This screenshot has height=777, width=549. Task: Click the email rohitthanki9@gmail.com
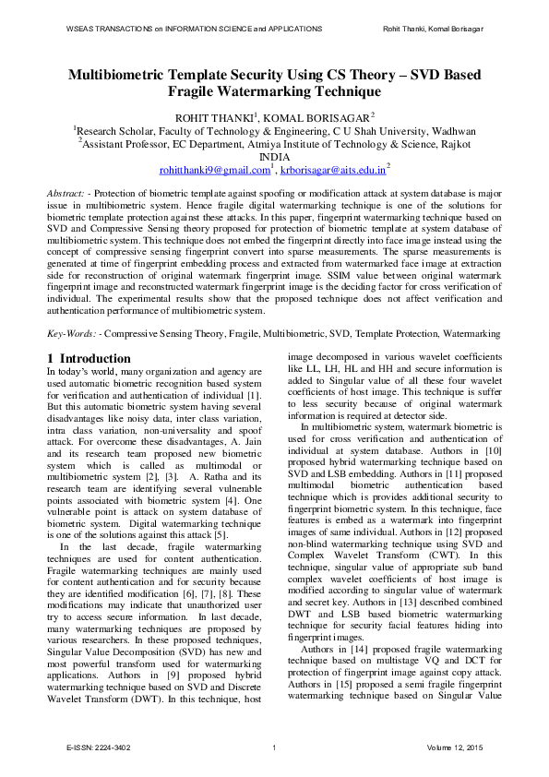(214, 171)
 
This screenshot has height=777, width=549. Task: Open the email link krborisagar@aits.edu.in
(332, 171)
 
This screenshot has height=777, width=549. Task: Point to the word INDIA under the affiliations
(274, 157)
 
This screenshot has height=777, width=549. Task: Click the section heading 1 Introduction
(89, 358)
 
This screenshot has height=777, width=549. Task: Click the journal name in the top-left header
(194, 29)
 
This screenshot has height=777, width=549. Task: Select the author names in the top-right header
(433, 29)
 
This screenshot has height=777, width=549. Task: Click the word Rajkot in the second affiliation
(453, 144)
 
